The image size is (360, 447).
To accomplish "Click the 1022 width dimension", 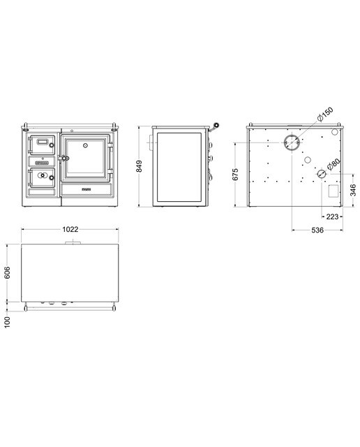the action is [x=70, y=229].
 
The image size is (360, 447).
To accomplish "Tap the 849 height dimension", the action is [x=139, y=166].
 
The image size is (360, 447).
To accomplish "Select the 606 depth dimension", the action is [x=8, y=272].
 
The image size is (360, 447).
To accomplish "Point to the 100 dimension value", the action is [x=8, y=322].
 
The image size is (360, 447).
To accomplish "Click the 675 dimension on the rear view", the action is [x=235, y=174].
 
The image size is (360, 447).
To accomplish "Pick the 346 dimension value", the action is [x=353, y=190].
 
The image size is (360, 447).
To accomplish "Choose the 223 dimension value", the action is [x=332, y=217].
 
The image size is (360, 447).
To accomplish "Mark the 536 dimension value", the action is [x=317, y=230].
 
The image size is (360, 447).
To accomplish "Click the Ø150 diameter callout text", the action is [x=325, y=114].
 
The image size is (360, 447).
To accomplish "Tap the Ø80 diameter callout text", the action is [x=333, y=164].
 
